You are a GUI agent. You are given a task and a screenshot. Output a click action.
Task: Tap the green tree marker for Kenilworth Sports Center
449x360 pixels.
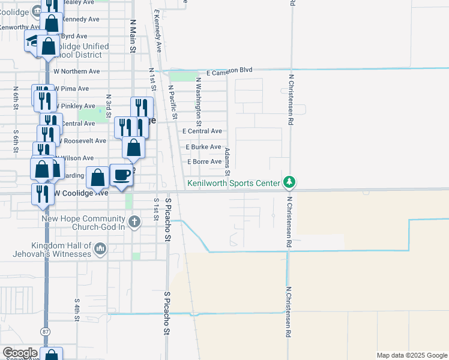pyautogui.click(x=289, y=182)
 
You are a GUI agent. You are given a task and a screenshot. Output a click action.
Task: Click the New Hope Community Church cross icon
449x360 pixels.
pyautogui.click(x=134, y=222)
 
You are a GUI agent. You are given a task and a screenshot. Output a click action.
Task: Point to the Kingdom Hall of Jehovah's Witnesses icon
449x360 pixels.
pyautogui.click(x=100, y=247)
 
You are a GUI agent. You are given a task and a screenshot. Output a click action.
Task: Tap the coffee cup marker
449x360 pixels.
pyautogui.click(x=122, y=175)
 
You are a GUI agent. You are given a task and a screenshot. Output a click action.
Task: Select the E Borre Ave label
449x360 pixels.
pyautogui.click(x=205, y=162)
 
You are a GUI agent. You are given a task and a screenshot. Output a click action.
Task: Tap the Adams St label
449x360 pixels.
pyautogui.click(x=228, y=159)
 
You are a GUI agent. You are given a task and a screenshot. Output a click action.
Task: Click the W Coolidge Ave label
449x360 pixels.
pyautogui.click(x=81, y=193)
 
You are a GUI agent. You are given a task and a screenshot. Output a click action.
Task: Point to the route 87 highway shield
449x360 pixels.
pyautogui.click(x=46, y=332)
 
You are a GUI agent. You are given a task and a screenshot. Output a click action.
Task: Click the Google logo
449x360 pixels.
pyautogui.click(x=20, y=353)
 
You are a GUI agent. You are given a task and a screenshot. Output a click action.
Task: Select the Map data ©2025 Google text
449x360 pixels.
pyautogui.click(x=411, y=355)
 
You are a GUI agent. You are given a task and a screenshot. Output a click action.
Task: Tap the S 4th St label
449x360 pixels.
pyautogui.click(x=77, y=310)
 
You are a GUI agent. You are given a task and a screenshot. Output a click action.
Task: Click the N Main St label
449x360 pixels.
pyautogui.click(x=133, y=36)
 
